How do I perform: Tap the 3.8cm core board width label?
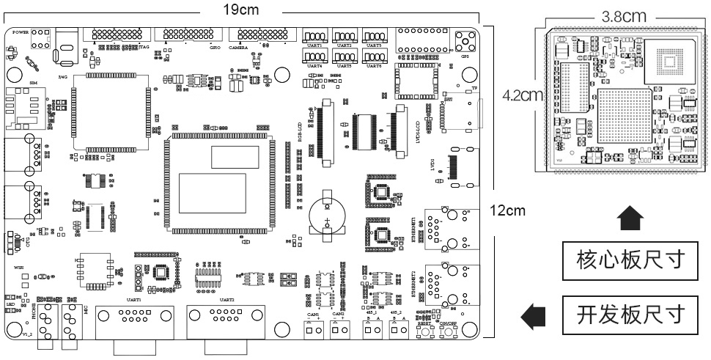tap(623, 15)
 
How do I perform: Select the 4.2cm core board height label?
tap(523, 95)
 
